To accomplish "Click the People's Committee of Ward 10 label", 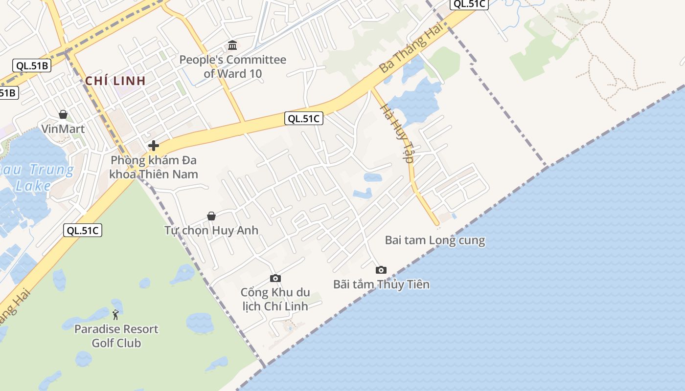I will tap(232, 67).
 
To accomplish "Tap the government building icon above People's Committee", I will tap(232, 45).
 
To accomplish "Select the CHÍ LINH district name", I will tap(115, 81).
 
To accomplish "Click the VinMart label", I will tap(63, 129).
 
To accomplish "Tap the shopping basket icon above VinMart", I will tap(63, 114).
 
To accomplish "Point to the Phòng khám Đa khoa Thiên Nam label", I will tap(154, 167).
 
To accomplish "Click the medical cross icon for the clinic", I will tap(154, 145).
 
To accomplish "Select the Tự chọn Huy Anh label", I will tap(211, 230).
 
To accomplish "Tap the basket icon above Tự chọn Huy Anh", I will tap(211, 216).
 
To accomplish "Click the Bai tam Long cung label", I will tap(435, 240).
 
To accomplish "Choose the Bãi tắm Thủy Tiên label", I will tap(381, 284).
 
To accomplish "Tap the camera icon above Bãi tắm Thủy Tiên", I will tap(381, 270).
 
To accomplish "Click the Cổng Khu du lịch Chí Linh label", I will tap(275, 299).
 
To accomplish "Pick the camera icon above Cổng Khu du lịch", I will tap(275, 278).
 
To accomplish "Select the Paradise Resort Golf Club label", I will tap(116, 336).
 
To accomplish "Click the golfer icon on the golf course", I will tap(115, 315).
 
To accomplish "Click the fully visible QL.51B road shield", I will tap(32, 65).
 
